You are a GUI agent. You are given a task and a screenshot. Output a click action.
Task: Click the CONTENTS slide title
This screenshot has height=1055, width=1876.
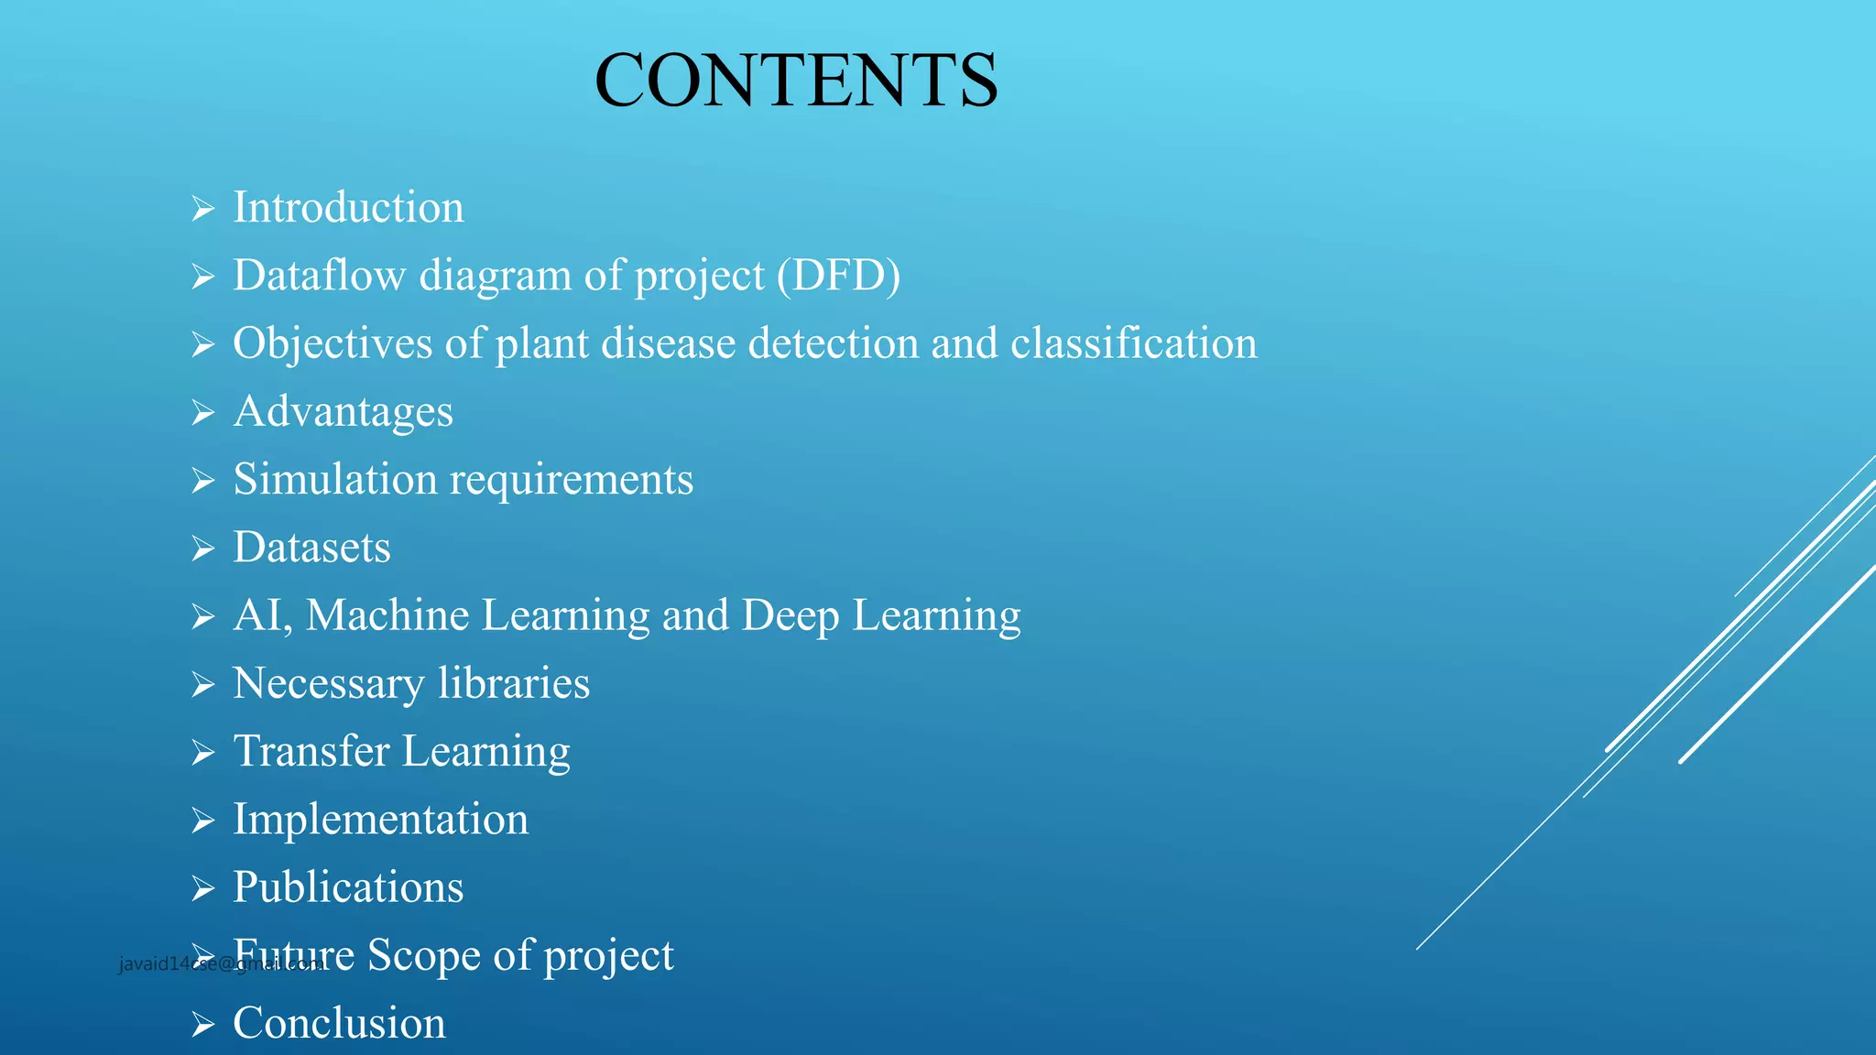tap(796, 81)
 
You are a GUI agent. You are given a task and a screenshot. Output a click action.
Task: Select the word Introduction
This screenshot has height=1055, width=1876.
tap(348, 207)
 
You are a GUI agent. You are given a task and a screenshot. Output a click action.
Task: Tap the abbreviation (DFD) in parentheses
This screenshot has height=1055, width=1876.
tap(838, 275)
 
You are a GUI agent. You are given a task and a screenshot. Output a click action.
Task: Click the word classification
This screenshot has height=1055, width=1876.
tap(1133, 343)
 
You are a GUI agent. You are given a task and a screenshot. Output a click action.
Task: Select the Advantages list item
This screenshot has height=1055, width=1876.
tap(343, 411)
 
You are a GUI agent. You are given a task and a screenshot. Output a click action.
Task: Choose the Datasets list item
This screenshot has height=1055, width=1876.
tap(311, 547)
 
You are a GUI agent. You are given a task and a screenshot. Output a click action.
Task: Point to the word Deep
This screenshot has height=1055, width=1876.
tap(790, 615)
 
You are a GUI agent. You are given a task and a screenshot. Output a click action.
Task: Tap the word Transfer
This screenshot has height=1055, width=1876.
tap(311, 751)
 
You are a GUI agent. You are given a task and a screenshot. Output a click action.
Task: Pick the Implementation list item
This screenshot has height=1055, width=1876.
tap(380, 819)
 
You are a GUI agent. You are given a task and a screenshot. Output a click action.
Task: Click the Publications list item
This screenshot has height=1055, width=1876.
tap(348, 886)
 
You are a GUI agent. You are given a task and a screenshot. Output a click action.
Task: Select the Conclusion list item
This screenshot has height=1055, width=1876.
tap(339, 1023)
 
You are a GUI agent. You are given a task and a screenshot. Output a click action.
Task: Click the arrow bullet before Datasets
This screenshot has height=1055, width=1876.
tap(202, 549)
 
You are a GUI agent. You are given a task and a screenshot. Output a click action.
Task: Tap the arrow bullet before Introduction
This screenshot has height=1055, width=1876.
tap(202, 209)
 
